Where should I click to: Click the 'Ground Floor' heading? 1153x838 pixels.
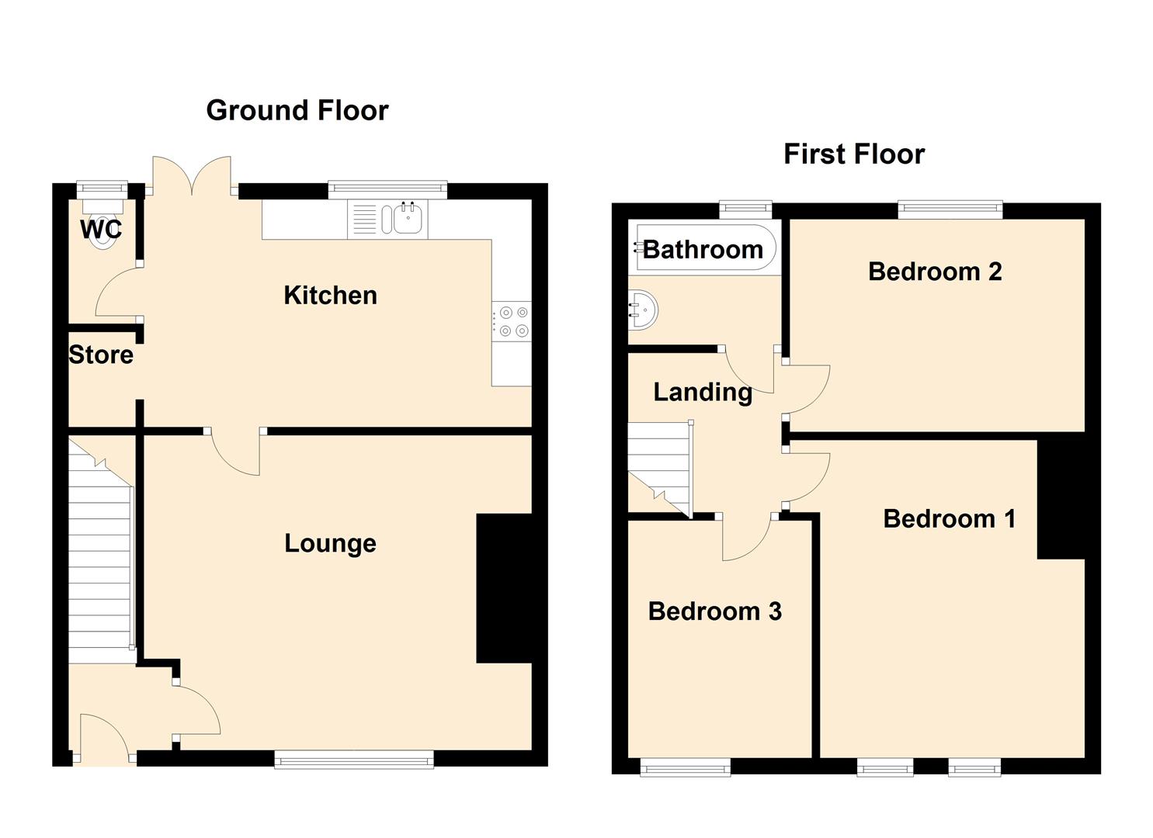tap(297, 111)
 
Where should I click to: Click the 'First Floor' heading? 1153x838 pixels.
tap(854, 154)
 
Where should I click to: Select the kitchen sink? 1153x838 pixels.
tap(407, 218)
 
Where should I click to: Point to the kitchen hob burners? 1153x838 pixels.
tap(513, 322)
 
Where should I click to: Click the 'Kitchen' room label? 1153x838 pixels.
tap(330, 296)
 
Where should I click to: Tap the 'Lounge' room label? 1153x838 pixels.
tap(330, 543)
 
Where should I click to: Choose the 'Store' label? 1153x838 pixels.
tap(101, 355)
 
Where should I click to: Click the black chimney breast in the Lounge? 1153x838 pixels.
tap(504, 588)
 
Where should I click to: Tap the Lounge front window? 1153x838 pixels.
tap(354, 759)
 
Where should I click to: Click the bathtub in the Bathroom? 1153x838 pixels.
tap(703, 248)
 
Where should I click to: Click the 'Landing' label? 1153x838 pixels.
tap(703, 393)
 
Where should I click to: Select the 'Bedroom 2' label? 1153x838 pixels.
tap(935, 272)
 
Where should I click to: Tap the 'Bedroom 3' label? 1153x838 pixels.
tap(714, 611)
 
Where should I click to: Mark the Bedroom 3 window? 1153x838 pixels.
tap(685, 768)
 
